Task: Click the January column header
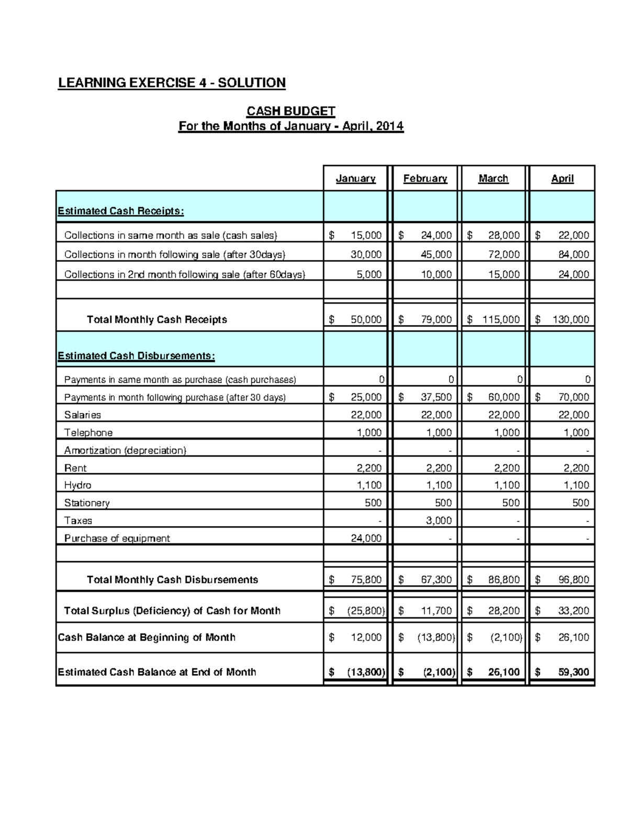tap(355, 179)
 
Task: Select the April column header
tap(562, 179)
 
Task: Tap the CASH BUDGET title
tap(290, 111)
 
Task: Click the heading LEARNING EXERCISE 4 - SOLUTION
tap(172, 83)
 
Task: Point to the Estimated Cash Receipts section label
tap(120, 211)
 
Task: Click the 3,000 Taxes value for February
tap(439, 520)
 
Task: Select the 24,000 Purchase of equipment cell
tap(366, 538)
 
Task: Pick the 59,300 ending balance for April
tap(574, 672)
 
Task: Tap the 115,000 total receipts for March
tap(501, 319)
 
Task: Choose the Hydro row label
tap(77, 485)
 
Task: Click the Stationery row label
tap(87, 503)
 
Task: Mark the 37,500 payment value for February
tap(436, 397)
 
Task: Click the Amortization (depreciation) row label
tap(125, 450)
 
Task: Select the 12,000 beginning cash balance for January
tap(366, 637)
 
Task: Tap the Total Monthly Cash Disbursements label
tap(172, 580)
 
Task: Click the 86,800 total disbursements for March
tap(504, 580)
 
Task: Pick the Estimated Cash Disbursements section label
tap(136, 356)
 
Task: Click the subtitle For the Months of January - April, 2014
tap(290, 126)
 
